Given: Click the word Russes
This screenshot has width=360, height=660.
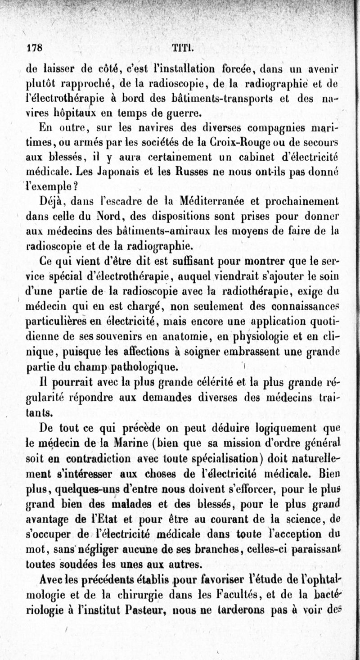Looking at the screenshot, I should point(198,172).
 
